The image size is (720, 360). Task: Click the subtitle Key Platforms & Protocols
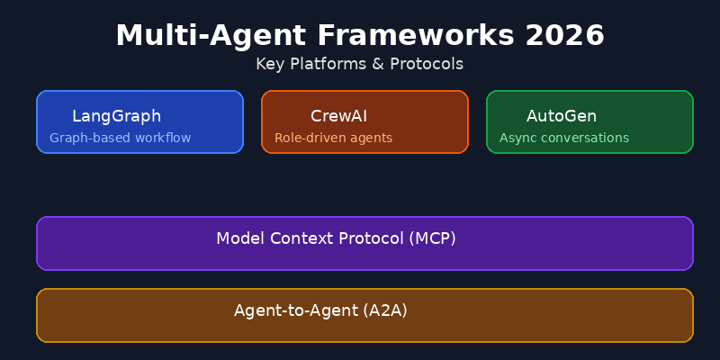(x=359, y=64)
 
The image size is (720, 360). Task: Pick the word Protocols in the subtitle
(x=427, y=64)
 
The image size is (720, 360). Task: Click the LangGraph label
(x=116, y=116)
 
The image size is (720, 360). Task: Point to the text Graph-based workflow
(x=120, y=139)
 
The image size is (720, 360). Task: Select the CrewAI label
(x=338, y=116)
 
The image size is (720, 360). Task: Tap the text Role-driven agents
(x=333, y=139)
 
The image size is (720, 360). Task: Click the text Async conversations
(x=563, y=139)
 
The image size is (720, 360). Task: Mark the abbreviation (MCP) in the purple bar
(x=432, y=238)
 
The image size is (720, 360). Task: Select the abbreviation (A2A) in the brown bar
(x=385, y=310)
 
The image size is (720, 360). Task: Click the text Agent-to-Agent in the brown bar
(x=296, y=310)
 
